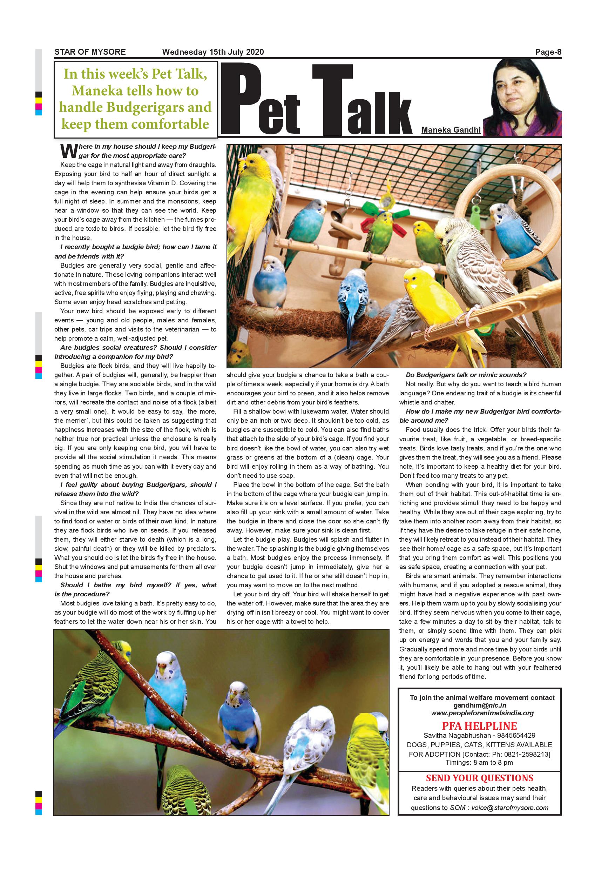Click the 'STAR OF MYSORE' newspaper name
(x=90, y=52)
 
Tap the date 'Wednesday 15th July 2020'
(x=213, y=52)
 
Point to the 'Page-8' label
(x=548, y=52)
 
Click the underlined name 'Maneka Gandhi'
(x=451, y=130)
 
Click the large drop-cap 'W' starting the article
(x=68, y=150)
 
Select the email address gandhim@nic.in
(x=479, y=705)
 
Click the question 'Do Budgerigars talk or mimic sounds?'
(x=466, y=375)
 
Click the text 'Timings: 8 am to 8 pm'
(x=479, y=762)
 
